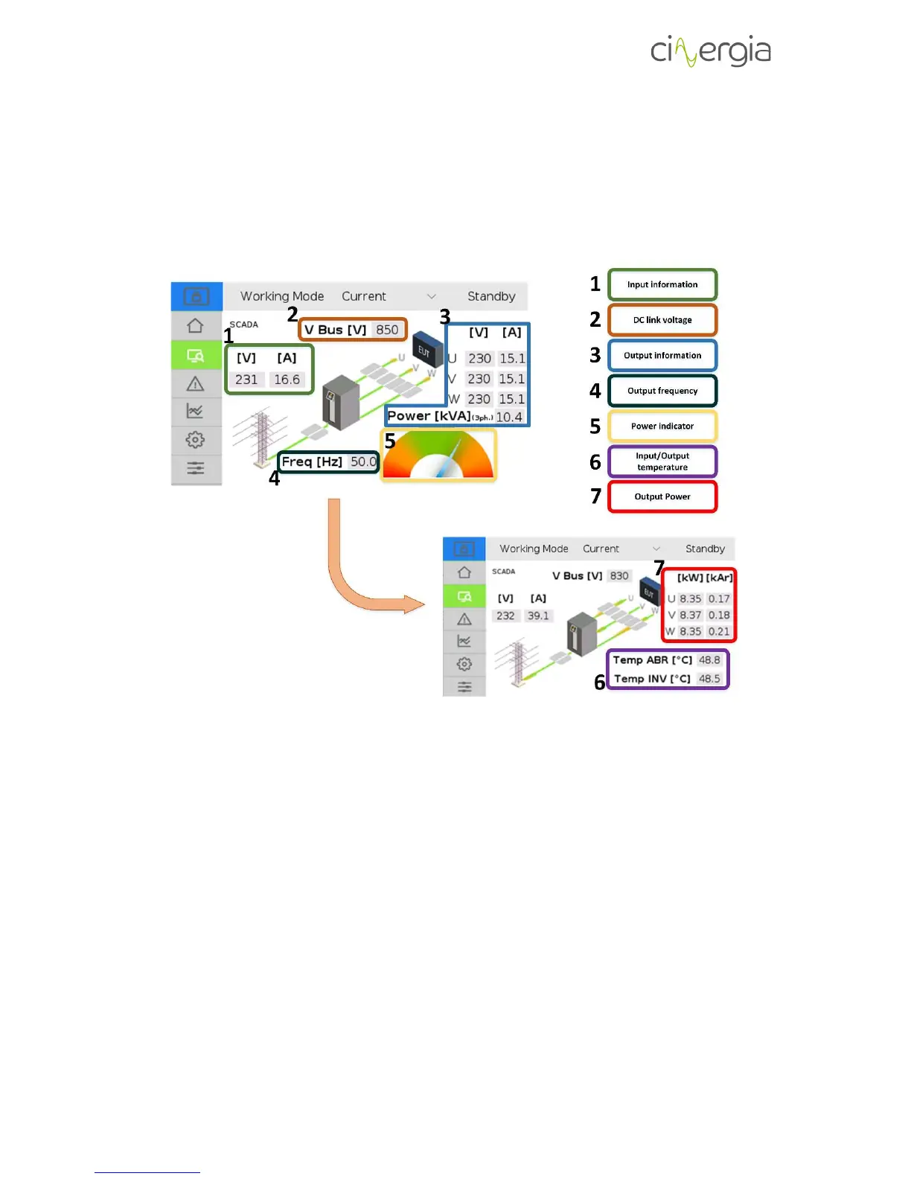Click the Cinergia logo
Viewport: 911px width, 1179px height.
tap(710, 51)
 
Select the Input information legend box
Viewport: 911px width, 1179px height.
tap(662, 284)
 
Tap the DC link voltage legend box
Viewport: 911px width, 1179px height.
tap(662, 320)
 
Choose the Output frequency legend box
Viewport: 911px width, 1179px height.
tap(662, 391)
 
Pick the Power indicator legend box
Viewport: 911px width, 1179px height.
tap(662, 426)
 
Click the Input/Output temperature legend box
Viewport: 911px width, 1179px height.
tap(662, 461)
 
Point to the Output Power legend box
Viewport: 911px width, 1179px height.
tap(662, 496)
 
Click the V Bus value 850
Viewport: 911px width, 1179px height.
tap(387, 330)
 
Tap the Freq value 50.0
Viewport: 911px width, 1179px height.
tap(363, 461)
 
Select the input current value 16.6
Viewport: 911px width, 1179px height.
tap(287, 380)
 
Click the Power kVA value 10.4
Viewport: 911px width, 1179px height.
tap(509, 417)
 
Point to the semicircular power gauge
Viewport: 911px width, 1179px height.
tap(438, 456)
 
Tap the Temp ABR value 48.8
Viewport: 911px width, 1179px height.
tap(709, 660)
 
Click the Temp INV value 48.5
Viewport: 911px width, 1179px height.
tap(709, 679)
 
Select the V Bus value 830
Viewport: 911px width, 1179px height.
tap(619, 576)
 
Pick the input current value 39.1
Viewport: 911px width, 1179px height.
tap(538, 616)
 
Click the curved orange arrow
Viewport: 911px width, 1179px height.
tap(357, 573)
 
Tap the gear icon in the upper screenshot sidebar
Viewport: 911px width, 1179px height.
tap(196, 440)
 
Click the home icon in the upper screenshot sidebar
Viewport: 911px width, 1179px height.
tap(196, 326)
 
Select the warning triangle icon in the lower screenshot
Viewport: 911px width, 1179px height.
tap(464, 619)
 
